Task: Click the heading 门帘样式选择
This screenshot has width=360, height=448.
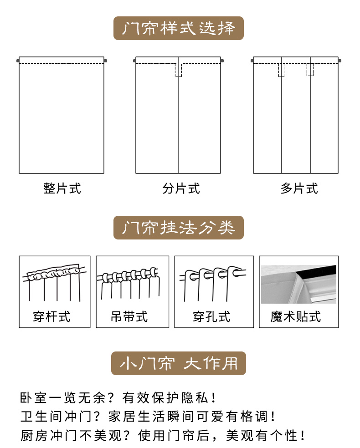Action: pos(179,28)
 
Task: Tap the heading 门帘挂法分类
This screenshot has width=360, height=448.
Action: pos(179,227)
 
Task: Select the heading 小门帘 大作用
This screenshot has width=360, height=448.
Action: pos(179,363)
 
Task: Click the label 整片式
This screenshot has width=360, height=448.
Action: pos(62,188)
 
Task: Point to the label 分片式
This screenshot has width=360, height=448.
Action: pos(181,188)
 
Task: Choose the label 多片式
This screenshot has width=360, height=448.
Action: pos(299,188)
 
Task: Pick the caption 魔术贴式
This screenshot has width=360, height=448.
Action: pos(295,316)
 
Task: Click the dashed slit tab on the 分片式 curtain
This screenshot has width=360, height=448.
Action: pos(178,70)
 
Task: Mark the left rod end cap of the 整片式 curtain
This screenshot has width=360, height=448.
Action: pos(18,60)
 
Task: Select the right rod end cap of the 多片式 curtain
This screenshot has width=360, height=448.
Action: pos(340,60)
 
